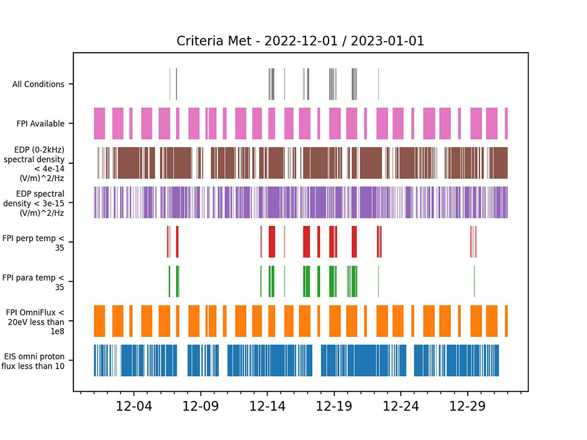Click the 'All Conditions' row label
pyautogui.click(x=38, y=84)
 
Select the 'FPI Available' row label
pyautogui.click(x=40, y=124)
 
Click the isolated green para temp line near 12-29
pyautogui.click(x=474, y=281)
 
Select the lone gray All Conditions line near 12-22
pyautogui.click(x=378, y=84)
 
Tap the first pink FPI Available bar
pyautogui.click(x=99, y=123)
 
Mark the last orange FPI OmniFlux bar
pyautogui.click(x=506, y=321)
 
